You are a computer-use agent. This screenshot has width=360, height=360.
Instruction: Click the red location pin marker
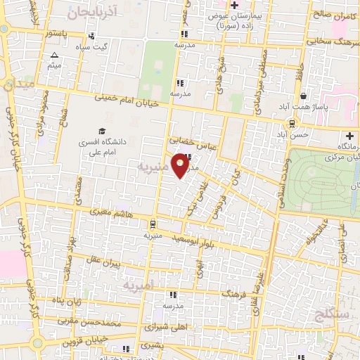click(181, 167)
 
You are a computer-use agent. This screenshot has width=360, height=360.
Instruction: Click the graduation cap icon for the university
click(103, 131)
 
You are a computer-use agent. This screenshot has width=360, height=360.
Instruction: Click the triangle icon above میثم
click(55, 55)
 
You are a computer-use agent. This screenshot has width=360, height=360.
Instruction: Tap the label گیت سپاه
click(95, 47)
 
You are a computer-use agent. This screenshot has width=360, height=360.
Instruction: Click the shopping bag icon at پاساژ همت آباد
click(303, 96)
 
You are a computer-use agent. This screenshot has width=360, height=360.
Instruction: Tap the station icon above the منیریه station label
click(153, 224)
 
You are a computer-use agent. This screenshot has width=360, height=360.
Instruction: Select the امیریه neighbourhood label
click(137, 286)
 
